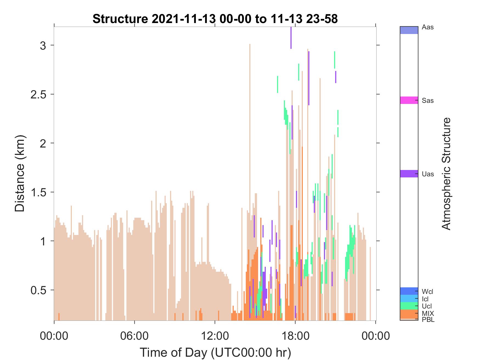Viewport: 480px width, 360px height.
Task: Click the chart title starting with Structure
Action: (x=215, y=19)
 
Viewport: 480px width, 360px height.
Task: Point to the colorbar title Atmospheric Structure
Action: (x=446, y=174)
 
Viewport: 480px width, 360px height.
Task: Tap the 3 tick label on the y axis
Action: (x=43, y=46)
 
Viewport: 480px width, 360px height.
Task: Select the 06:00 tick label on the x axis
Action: (x=134, y=336)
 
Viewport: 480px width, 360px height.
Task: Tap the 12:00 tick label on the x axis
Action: (x=215, y=336)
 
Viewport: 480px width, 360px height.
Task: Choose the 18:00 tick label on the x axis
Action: (x=295, y=336)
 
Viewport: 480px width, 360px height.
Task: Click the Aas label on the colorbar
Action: (x=428, y=27)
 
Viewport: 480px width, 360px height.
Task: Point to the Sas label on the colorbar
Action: (x=428, y=101)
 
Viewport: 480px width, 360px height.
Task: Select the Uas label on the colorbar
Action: (x=428, y=174)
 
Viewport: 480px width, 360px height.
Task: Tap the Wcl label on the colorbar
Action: (x=428, y=291)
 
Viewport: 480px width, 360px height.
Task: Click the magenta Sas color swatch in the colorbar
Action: (x=409, y=100)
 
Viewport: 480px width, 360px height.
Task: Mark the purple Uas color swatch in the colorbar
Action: (x=409, y=174)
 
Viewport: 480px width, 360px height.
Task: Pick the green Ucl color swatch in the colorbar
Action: (x=409, y=306)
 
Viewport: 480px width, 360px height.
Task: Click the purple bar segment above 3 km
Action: (x=291, y=38)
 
